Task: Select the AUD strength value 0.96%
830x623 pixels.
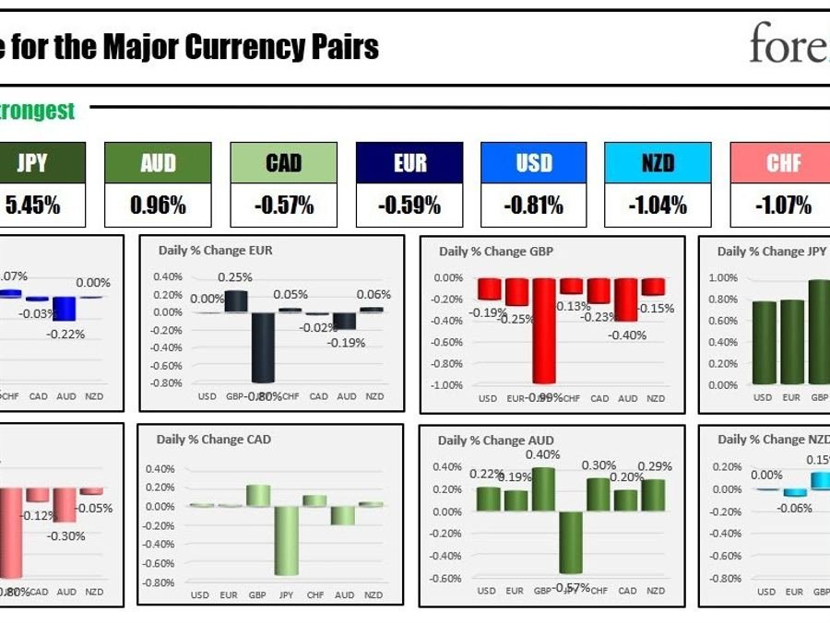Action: tap(158, 206)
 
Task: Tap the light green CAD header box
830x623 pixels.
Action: tap(283, 163)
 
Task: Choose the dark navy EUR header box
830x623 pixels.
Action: tap(409, 163)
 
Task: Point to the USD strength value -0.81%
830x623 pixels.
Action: tap(533, 206)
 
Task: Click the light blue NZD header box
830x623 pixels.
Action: tap(658, 163)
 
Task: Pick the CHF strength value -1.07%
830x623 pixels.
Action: tap(784, 206)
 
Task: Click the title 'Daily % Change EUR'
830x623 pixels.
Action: tap(214, 250)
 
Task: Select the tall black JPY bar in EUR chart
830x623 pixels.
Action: tap(263, 347)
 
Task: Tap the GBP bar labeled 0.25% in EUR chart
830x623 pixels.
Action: tap(235, 301)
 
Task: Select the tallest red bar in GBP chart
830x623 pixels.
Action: tap(543, 331)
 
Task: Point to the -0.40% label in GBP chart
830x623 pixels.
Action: tap(627, 335)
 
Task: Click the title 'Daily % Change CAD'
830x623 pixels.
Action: tap(214, 440)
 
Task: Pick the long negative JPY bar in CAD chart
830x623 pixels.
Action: tap(286, 540)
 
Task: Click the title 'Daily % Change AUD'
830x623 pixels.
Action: tap(496, 441)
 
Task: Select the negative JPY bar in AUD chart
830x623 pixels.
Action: tap(571, 542)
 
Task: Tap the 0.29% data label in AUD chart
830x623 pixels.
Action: tap(654, 466)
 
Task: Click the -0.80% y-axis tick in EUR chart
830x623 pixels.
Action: tap(166, 382)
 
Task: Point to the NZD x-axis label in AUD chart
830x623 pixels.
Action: tap(655, 591)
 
